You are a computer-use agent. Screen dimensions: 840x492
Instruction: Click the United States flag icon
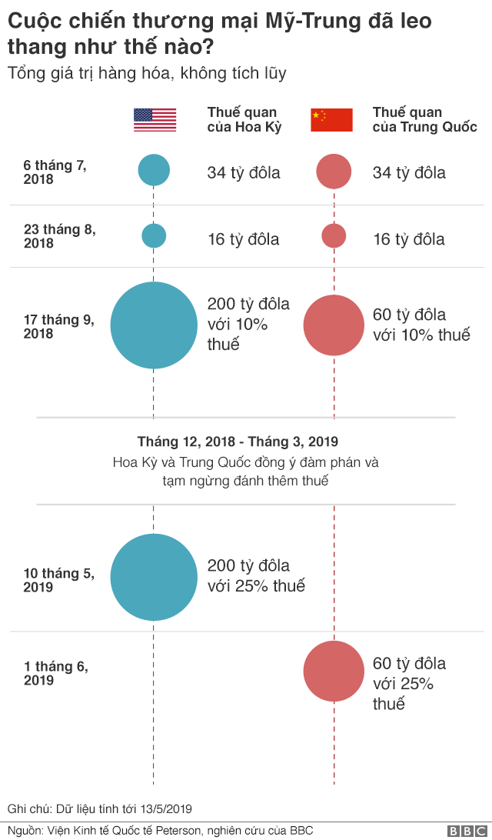155,120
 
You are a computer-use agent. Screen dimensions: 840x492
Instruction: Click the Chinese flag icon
331,120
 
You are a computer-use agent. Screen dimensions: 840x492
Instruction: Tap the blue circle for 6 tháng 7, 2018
154,170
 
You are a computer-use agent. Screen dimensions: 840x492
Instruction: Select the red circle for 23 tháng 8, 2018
334,235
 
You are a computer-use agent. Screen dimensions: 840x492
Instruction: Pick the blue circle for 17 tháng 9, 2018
154,325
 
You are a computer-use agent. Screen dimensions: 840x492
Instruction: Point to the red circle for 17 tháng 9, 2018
334,325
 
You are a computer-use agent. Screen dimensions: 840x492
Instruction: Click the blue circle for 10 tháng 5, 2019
154,577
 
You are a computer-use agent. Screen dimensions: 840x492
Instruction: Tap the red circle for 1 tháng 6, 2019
334,672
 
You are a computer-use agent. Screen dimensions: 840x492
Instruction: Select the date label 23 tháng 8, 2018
60,236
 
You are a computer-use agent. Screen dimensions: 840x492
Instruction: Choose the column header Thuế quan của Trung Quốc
424,120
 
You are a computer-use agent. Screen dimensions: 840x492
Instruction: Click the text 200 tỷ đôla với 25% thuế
256,575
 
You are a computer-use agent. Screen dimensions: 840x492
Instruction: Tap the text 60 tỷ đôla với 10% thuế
421,325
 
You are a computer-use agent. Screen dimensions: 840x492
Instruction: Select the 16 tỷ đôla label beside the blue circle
243,239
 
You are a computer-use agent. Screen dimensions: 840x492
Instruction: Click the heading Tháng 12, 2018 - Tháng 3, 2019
238,442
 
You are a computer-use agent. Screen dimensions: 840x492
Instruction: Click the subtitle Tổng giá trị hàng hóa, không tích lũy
147,74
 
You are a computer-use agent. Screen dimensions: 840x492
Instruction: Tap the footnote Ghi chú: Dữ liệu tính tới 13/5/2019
99,808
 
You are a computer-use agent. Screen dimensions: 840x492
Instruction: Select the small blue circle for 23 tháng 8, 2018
154,235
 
